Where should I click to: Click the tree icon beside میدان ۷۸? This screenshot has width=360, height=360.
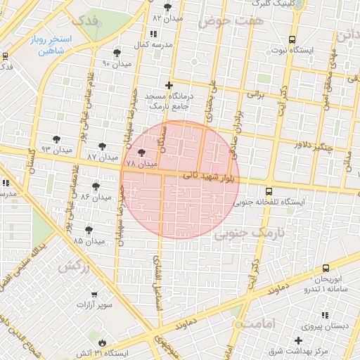(141, 153)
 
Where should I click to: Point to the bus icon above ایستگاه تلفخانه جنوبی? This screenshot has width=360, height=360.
(269, 191)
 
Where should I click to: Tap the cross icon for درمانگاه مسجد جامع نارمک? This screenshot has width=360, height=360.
(169, 85)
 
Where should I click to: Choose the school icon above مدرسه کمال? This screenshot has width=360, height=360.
(153, 34)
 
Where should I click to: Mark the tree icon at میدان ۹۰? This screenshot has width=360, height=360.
(117, 52)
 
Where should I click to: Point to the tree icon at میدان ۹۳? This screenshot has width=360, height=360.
(56, 139)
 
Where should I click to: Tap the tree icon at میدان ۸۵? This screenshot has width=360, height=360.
(89, 230)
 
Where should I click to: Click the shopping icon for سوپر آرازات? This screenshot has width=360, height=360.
(95, 294)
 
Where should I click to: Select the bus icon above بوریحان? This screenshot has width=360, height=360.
(325, 268)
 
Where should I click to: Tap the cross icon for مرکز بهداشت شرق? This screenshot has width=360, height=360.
(299, 340)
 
